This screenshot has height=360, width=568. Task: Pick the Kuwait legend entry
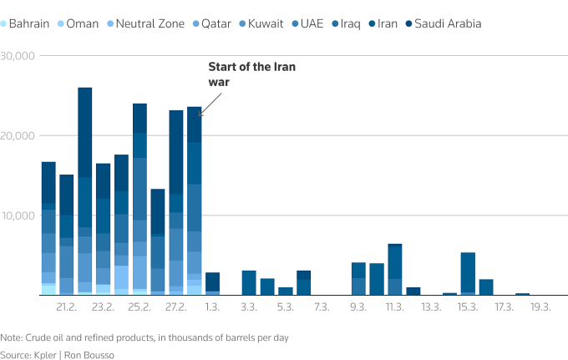coord(265,23)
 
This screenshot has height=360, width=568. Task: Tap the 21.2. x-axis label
coord(67,307)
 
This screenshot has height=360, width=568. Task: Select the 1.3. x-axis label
coord(212,307)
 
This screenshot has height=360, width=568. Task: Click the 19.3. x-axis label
coord(540,307)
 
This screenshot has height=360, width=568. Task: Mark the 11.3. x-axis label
coord(395,307)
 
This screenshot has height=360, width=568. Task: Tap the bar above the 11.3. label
coord(395,269)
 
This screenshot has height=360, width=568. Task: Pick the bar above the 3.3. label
coord(249,282)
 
